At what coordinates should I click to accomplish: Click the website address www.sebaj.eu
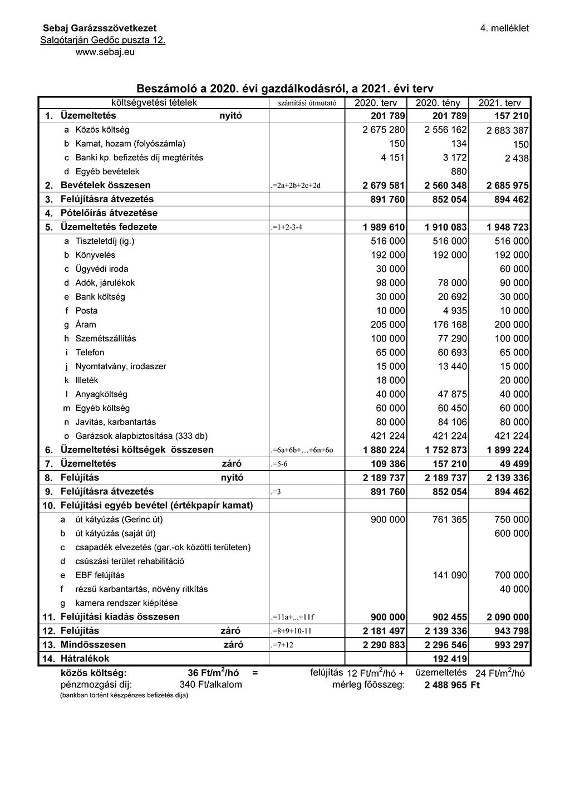[105, 52]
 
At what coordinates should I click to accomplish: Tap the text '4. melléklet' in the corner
[504, 28]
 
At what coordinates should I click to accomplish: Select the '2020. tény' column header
[438, 103]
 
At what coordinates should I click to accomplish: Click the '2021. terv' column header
[499, 103]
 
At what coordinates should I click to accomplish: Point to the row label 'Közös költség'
[102, 130]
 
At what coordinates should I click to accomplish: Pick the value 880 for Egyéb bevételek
[459, 172]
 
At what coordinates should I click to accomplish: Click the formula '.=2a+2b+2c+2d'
[296, 185]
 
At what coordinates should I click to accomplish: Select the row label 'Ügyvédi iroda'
[102, 269]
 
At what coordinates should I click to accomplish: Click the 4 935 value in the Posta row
[455, 311]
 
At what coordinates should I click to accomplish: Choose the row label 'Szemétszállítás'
[106, 339]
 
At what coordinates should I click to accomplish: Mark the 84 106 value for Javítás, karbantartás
[452, 422]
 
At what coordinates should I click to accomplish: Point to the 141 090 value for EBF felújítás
[450, 575]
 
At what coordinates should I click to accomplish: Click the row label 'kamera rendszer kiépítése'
[126, 603]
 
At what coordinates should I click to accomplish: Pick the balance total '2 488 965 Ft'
[451, 685]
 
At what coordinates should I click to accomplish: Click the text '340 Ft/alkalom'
[210, 684]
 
